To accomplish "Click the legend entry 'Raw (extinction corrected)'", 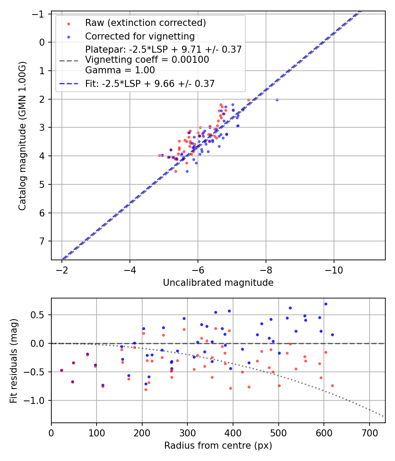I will (145, 23).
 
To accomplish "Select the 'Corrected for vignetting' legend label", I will (140, 36).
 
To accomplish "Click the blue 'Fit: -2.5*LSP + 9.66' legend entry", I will (150, 83).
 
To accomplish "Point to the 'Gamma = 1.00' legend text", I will (120, 70).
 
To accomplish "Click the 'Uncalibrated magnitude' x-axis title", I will (218, 283).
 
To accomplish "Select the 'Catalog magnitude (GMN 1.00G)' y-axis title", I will (22, 136).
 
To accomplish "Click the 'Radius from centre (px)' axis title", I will (218, 446).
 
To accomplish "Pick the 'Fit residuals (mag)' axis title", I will (14, 360).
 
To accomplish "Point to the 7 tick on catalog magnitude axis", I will (43, 241).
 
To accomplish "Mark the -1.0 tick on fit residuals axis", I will (38, 400).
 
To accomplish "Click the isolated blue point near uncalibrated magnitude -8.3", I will (277, 100).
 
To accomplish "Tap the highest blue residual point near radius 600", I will (326, 304).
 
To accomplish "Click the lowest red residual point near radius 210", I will (146, 389).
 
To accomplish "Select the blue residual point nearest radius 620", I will (332, 335).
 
